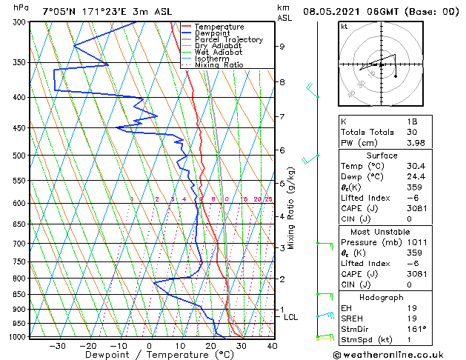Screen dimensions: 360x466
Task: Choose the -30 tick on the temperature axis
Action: click(57, 346)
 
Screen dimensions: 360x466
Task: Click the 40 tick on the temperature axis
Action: click(272, 346)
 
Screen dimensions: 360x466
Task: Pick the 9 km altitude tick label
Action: click(282, 47)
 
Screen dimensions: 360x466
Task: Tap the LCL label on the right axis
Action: click(291, 317)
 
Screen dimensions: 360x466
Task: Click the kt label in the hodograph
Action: click(344, 26)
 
